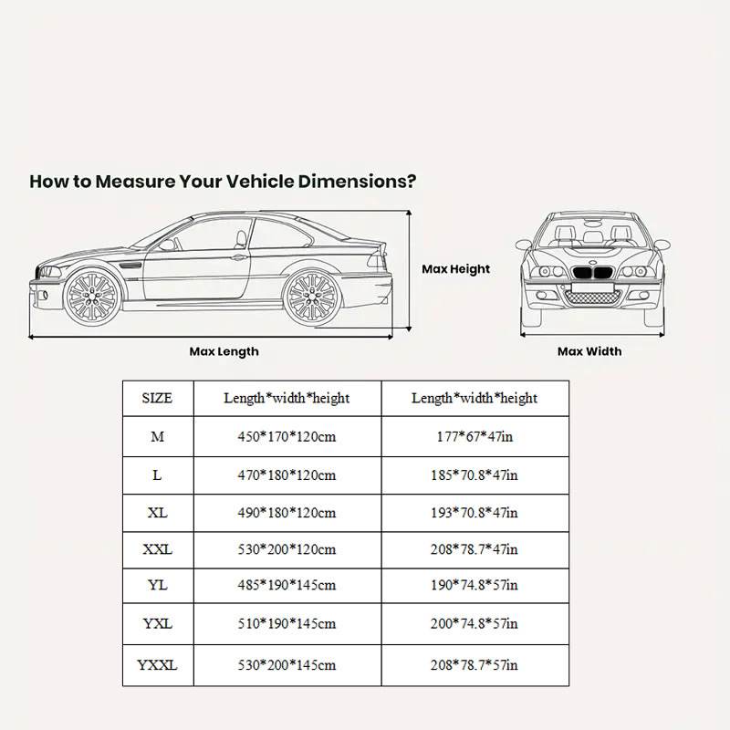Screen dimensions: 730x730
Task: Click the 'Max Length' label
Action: pos(224,351)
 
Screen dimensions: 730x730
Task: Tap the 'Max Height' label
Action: pos(455,269)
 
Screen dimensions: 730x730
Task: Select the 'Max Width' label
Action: pos(589,351)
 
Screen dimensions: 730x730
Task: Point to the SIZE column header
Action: pos(157,399)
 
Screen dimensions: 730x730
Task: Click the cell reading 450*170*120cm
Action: pos(287,437)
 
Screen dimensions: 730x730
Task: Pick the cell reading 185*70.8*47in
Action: pos(474,474)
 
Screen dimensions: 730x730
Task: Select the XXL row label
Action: pos(157,549)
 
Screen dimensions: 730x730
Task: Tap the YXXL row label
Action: pos(157,666)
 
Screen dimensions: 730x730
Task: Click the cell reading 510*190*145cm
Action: pos(287,624)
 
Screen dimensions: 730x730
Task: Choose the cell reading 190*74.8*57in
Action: pos(474,587)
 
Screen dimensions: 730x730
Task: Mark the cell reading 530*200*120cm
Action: pos(287,549)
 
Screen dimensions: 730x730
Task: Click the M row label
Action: pos(157,437)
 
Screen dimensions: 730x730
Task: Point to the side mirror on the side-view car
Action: pos(167,245)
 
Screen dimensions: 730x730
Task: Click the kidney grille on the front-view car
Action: pos(589,273)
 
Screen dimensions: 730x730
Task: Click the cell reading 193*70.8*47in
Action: pos(474,512)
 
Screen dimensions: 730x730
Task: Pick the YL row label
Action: pos(157,587)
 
